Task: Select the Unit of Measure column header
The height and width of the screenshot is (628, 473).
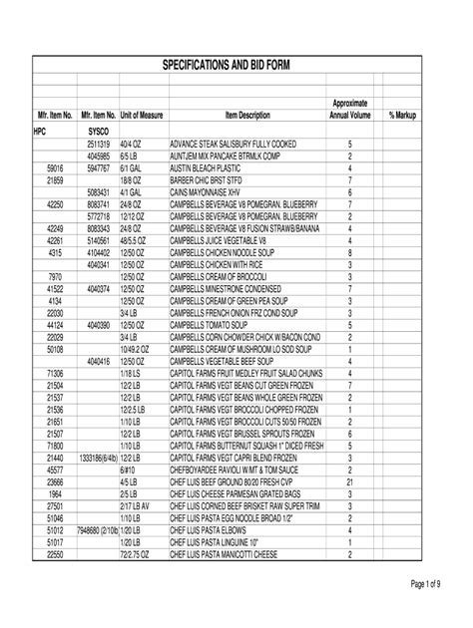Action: coord(141,116)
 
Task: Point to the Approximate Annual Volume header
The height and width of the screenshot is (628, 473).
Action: coord(349,110)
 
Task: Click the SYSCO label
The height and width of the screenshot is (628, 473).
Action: coord(98,131)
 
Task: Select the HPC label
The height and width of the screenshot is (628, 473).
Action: coord(40,131)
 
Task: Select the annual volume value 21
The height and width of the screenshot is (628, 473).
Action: coord(350,480)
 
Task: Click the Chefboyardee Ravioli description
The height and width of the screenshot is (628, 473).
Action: coord(239,469)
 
